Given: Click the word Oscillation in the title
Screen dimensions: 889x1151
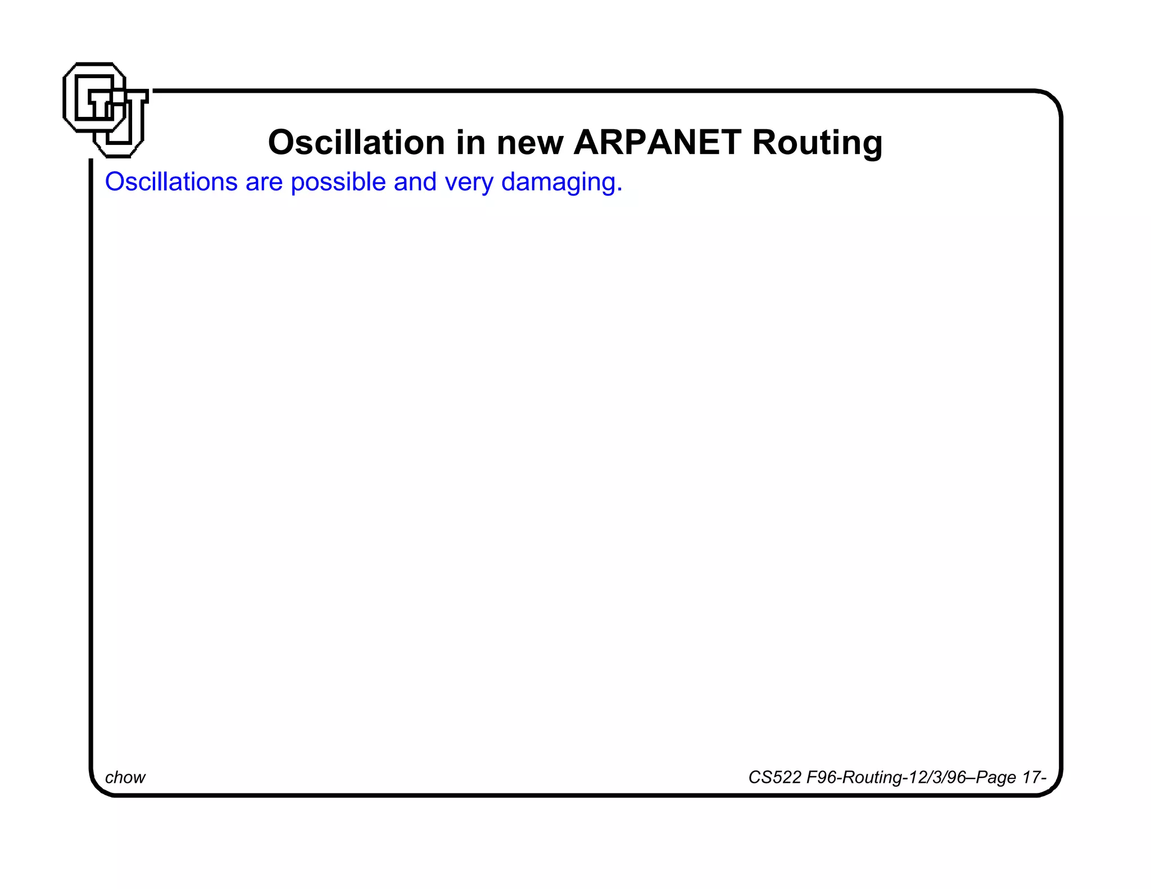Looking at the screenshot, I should pos(356,142).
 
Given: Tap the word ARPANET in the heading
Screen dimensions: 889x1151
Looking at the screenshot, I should pos(657,142).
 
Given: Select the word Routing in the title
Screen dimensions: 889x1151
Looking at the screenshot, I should pos(817,143).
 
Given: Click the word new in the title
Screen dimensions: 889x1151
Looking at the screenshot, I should pos(529,143).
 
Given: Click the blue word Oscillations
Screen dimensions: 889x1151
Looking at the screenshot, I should pos(171,182).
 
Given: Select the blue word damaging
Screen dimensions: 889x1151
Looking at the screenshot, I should pos(560,183).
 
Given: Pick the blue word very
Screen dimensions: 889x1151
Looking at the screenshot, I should pos(469,183).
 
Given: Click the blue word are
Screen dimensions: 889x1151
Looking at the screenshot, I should pos(264,183).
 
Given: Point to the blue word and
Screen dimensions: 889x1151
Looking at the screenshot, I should pos(415,182).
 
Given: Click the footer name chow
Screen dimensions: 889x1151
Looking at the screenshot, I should pos(125,777).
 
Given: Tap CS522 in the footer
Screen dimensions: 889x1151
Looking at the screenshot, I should pos(774,777).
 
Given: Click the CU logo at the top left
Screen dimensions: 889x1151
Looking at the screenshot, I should pos(105,110).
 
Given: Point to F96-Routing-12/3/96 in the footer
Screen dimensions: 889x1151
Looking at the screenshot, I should pos(886,777).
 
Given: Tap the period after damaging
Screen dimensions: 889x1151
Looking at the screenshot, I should pos(619,189).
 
